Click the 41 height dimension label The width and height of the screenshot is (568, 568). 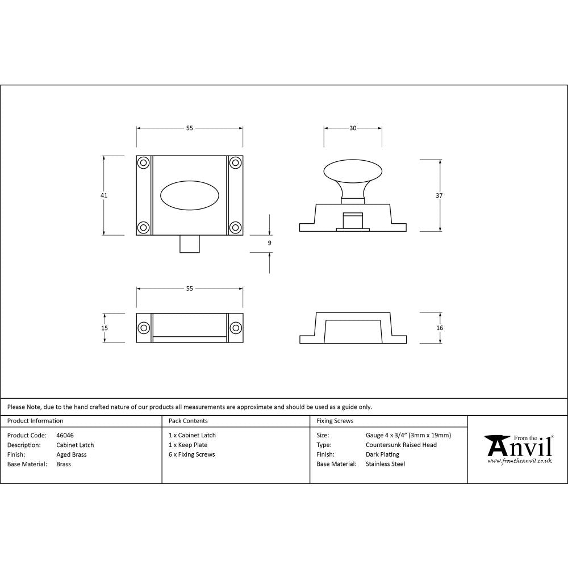click(x=104, y=195)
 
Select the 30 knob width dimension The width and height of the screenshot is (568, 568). click(x=353, y=128)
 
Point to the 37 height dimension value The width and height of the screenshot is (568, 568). click(x=440, y=195)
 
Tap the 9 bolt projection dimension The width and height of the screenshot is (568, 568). click(x=269, y=243)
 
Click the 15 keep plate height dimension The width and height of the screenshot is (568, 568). click(x=105, y=328)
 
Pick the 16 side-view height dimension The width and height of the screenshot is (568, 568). click(x=440, y=328)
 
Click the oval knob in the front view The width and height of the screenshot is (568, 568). click(x=189, y=196)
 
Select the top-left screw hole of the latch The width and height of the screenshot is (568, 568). click(x=143, y=163)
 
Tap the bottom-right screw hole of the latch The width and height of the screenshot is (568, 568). click(x=235, y=228)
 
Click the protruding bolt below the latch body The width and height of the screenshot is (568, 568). click(x=189, y=244)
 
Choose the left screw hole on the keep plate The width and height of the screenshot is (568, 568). click(x=143, y=328)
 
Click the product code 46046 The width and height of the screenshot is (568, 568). click(x=65, y=436)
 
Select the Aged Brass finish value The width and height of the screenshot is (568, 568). click(x=72, y=455)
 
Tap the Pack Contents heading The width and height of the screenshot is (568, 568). click(x=188, y=421)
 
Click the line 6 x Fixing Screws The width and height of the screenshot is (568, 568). click(x=191, y=455)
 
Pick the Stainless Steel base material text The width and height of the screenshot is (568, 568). click(x=385, y=465)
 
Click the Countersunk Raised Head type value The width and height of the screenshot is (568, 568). click(x=401, y=445)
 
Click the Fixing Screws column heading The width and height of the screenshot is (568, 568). click(x=335, y=421)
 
